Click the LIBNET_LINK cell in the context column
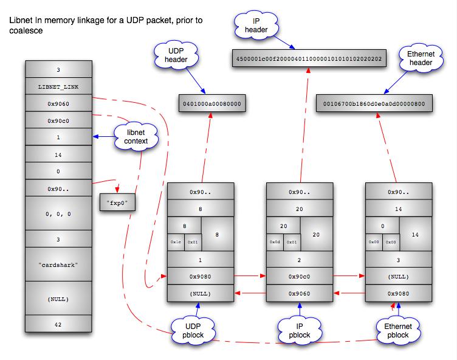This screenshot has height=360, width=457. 58,87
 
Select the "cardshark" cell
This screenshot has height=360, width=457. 58,266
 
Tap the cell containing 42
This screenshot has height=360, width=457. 58,325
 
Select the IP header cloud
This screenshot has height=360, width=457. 252,26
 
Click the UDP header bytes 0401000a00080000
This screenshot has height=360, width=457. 211,104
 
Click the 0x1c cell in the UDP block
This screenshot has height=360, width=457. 176,242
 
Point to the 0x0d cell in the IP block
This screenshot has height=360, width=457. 275,242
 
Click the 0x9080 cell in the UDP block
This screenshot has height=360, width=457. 200,277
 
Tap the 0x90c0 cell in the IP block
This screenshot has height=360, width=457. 299,277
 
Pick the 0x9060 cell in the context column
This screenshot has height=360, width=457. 58,104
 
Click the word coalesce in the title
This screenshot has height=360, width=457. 26,31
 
